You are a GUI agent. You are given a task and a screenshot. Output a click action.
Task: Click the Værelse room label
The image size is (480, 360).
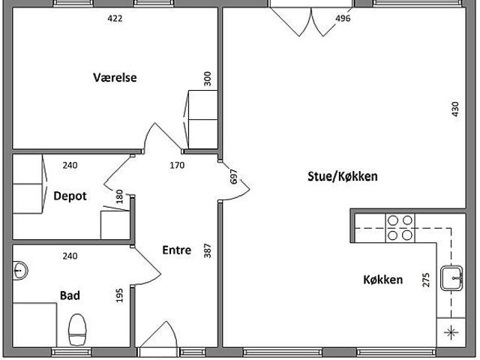[x=114, y=77]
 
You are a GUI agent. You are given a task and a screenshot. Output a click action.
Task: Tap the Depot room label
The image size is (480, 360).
[x=70, y=196]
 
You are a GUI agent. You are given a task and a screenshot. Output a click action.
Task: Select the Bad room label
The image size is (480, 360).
[x=70, y=295]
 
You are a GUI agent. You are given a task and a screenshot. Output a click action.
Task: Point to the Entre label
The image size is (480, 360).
[x=176, y=250]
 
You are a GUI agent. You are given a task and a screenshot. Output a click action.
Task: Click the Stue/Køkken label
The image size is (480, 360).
[x=343, y=177]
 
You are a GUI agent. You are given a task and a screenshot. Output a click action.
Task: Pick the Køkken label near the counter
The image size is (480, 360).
[x=383, y=280]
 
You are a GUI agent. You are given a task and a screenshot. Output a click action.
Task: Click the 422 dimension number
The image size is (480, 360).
[x=114, y=18]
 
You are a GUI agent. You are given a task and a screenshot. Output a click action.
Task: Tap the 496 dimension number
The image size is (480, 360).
[x=343, y=18]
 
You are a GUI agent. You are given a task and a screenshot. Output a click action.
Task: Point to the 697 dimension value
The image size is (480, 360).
[x=233, y=177]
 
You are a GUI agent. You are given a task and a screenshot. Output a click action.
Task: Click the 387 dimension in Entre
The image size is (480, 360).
[x=208, y=250]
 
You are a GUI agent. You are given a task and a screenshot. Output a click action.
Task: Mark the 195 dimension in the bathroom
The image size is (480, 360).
[x=119, y=295]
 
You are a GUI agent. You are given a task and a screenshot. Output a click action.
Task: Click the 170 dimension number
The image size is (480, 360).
[x=178, y=165]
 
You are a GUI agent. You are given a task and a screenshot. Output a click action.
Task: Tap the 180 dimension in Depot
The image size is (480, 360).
[x=119, y=197]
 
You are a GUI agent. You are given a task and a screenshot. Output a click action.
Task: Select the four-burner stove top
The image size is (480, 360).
[x=400, y=227]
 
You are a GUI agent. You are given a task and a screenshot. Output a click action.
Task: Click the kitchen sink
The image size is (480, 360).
[x=451, y=277]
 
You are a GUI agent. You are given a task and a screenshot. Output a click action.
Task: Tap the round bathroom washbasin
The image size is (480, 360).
[x=19, y=269]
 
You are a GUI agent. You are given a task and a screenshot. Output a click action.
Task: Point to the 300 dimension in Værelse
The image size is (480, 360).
[x=208, y=79]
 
